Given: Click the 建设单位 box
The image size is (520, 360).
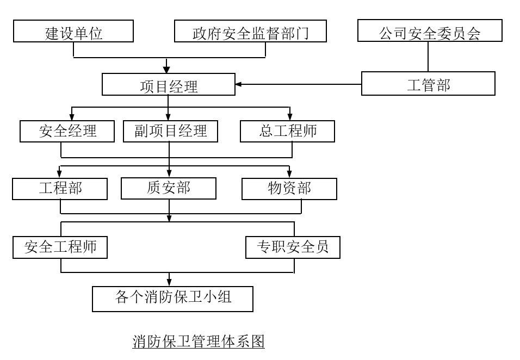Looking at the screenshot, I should (73, 32).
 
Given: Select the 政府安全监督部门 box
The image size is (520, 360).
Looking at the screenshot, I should (250, 32).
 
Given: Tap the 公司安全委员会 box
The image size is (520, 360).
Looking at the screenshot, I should (430, 32).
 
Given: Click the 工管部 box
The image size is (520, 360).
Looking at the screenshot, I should (428, 84).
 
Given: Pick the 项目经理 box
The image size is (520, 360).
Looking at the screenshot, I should (169, 84).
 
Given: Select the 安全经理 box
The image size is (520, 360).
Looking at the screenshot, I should (67, 131).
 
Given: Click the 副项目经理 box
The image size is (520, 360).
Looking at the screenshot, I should (170, 131).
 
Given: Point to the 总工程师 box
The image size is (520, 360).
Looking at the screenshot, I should (287, 131).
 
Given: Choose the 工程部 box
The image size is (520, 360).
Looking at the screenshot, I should (60, 189).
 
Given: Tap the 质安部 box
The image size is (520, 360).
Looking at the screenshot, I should (168, 189).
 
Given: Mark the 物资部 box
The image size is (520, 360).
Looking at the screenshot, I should (289, 189).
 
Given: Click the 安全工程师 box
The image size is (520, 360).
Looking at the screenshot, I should (60, 247).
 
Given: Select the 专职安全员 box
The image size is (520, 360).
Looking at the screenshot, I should (293, 247).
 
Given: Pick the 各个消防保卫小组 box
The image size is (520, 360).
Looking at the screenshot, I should (172, 299).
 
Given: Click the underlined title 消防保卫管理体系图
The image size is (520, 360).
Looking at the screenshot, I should (199, 342).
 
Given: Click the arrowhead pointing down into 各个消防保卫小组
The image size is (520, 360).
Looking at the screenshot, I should (169, 282).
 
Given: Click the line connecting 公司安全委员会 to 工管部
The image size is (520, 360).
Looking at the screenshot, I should (428, 57).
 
